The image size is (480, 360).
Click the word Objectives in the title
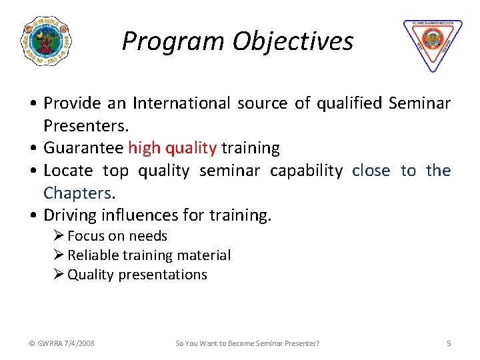coord(293,42)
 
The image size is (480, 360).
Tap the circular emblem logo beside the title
coord(46,41)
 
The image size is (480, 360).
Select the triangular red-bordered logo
coord(432,44)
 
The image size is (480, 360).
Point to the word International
coord(180,103)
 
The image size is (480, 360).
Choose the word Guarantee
coord(83,148)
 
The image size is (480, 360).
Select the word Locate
coord(68,171)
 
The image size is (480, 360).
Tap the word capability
coord(306,171)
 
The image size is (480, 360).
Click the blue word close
coord(371,171)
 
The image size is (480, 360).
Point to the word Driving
coord(69,215)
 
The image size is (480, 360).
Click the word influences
coord(137,215)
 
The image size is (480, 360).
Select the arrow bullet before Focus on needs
coord(59,236)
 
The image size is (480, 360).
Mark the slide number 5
coord(449,343)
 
